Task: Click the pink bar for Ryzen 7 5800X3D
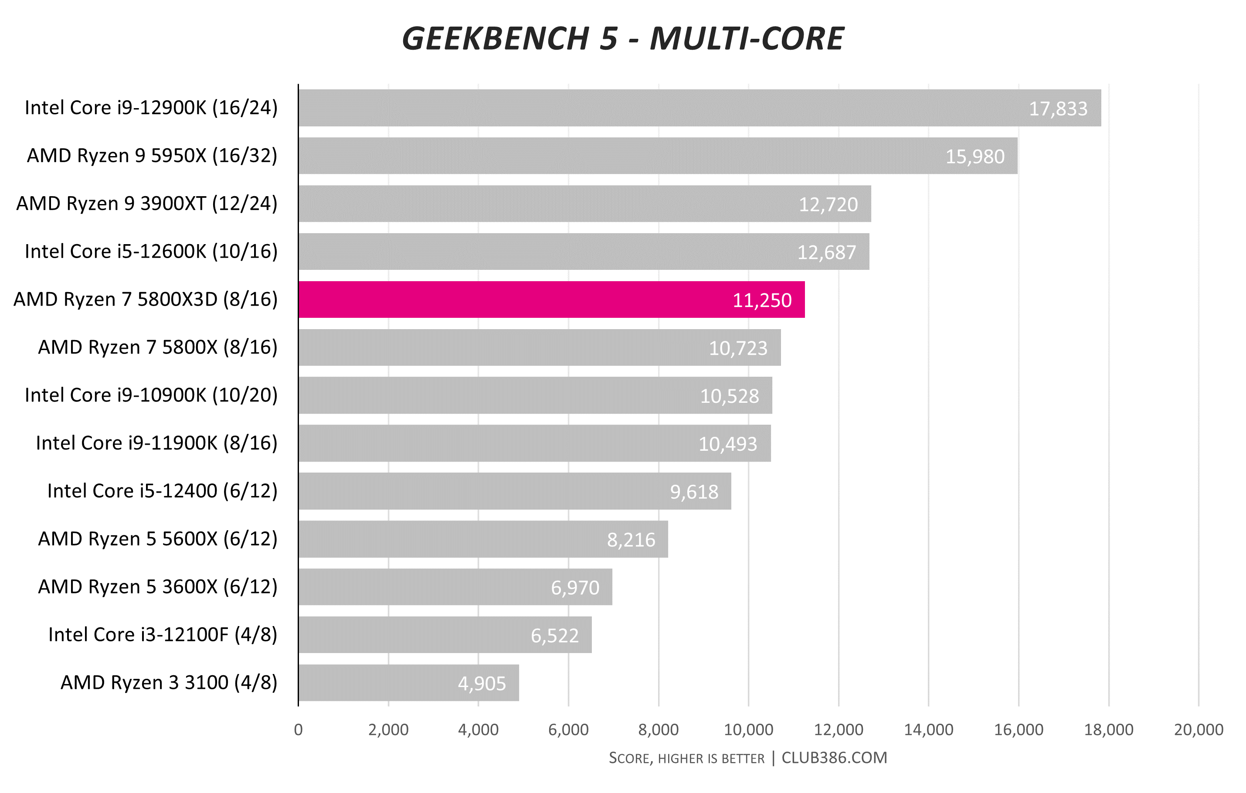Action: [x=551, y=300]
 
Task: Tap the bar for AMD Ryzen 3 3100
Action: [x=408, y=683]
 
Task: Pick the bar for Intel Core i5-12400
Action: [x=514, y=491]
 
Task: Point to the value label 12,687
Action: [x=826, y=252]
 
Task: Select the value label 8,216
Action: [x=631, y=540]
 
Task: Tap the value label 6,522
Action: [x=554, y=636]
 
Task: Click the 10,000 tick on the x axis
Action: [x=748, y=730]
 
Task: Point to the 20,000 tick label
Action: [x=1198, y=730]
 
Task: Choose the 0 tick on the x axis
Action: [x=298, y=730]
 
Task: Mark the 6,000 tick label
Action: [x=568, y=730]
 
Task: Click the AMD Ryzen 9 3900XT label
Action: [x=147, y=204]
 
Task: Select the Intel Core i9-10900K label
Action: [x=151, y=395]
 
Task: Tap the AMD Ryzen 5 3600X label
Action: [x=158, y=586]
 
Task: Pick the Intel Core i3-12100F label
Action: [x=163, y=635]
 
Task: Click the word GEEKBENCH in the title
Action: [x=495, y=39]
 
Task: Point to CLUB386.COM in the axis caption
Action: [x=834, y=758]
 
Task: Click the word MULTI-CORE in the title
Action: [x=747, y=39]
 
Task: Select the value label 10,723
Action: [x=738, y=348]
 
